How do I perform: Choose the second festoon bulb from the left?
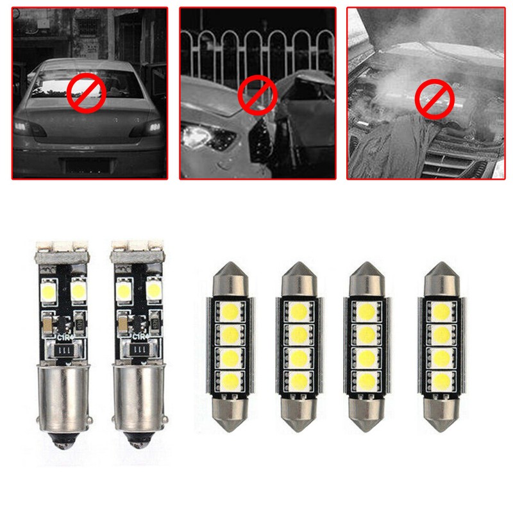[x=297, y=346]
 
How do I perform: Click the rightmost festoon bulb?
[x=441, y=346]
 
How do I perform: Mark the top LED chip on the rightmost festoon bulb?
[x=441, y=312]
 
